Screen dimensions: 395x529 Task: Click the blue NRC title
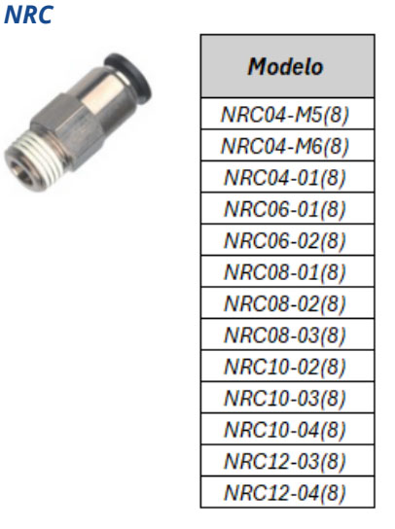(x=28, y=16)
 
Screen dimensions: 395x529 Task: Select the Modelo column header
(x=287, y=66)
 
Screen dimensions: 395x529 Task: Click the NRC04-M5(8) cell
(x=287, y=114)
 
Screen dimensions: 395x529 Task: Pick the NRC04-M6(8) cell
(x=287, y=146)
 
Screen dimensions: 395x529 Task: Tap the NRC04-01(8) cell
(x=287, y=177)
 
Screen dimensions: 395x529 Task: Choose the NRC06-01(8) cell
(x=287, y=208)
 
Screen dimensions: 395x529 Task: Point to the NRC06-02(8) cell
(x=287, y=240)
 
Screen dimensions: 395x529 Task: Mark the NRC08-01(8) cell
(x=287, y=271)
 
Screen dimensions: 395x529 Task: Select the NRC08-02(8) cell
(x=287, y=303)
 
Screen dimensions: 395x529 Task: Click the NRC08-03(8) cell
(x=287, y=335)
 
